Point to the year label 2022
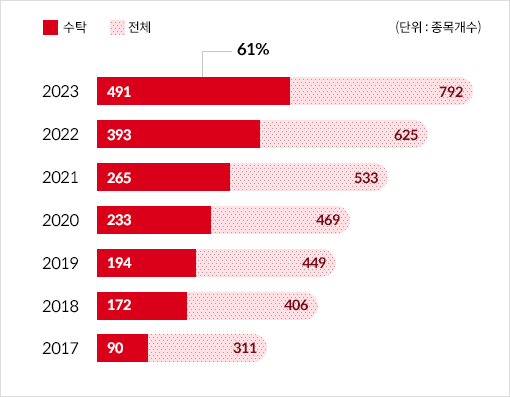pos(62,134)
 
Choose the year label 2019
pos(62,263)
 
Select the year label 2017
pos(62,349)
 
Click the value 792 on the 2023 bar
pos(450,92)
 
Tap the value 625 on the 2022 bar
pos(405,135)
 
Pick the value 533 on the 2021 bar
pos(365,178)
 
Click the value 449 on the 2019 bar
pos(313,264)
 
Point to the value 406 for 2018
pos(295,306)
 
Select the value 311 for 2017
pos(244,349)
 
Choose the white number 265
pos(118,178)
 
